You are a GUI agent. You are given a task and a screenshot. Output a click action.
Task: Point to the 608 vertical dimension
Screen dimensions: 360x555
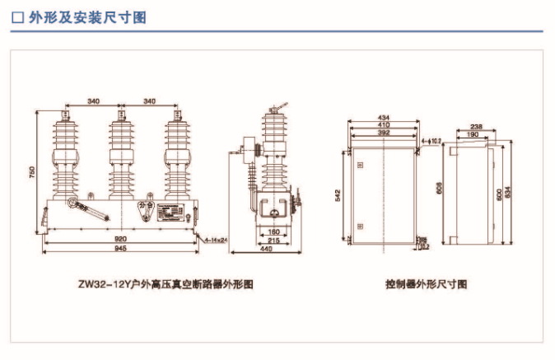pyautogui.click(x=437, y=188)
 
